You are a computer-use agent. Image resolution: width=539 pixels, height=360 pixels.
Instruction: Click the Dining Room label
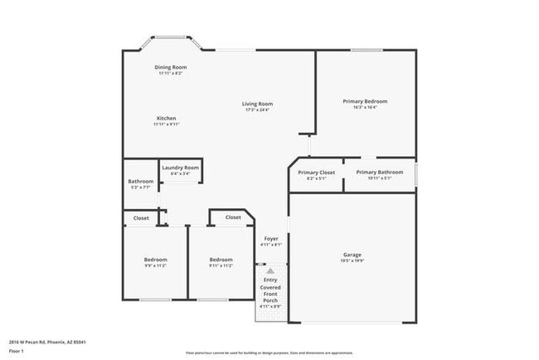click(x=171, y=66)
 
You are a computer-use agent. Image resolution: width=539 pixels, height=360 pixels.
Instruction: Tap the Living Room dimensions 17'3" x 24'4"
click(x=257, y=110)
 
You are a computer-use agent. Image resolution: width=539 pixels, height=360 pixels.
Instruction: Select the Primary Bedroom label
click(x=365, y=101)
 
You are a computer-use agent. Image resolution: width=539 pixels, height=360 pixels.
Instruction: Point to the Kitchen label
click(x=166, y=118)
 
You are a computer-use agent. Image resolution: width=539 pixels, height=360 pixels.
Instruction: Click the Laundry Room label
click(x=180, y=167)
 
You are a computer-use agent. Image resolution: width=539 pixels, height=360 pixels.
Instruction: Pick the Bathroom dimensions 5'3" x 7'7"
click(x=140, y=187)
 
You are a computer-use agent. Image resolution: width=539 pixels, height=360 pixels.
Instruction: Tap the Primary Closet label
click(x=316, y=172)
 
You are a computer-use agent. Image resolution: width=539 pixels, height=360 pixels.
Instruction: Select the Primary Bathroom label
click(x=380, y=172)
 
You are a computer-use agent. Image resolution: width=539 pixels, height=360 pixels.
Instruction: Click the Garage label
click(x=352, y=255)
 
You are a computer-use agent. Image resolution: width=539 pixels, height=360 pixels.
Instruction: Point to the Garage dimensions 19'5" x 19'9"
click(x=352, y=261)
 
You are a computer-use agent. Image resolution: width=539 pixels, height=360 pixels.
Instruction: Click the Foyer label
click(x=271, y=239)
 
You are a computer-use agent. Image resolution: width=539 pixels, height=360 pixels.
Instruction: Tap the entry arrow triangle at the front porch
click(x=270, y=270)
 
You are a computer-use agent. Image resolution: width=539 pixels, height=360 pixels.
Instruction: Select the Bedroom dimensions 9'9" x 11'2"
click(x=156, y=266)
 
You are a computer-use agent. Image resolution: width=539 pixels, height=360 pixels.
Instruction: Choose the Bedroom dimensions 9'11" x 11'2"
click(x=221, y=266)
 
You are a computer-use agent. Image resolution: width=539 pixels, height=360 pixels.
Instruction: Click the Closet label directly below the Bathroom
click(x=141, y=218)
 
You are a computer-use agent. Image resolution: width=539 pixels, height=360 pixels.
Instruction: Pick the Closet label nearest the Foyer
click(x=233, y=217)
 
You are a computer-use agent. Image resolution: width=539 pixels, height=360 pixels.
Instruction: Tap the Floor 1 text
click(x=16, y=352)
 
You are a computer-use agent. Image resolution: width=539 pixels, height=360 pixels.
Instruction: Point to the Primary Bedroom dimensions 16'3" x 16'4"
click(x=365, y=107)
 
